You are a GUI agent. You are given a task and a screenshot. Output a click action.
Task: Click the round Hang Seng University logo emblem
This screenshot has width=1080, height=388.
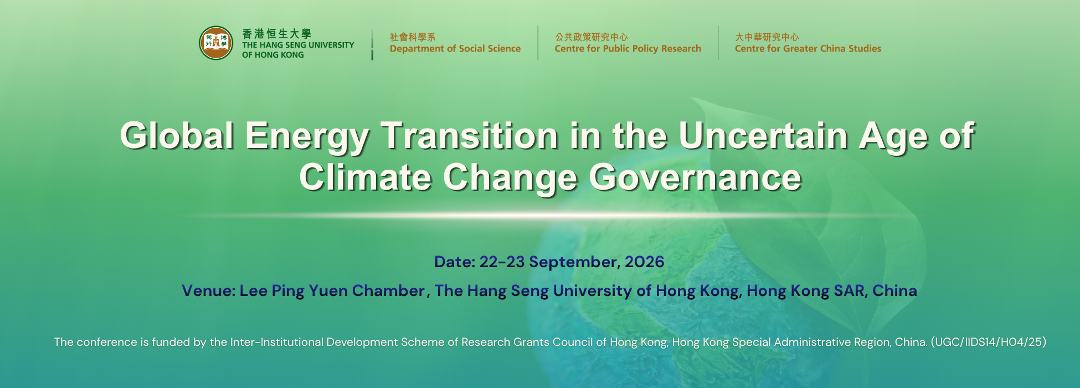[x=216, y=43]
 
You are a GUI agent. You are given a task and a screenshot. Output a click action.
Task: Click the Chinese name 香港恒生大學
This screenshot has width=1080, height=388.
[x=276, y=34]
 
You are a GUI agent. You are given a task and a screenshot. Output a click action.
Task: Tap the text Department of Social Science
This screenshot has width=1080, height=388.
[x=455, y=49]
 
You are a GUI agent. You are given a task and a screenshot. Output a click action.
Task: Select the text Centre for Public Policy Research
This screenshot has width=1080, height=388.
[x=628, y=49]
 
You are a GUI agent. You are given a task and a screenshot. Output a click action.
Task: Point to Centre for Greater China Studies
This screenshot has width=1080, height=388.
[x=808, y=49]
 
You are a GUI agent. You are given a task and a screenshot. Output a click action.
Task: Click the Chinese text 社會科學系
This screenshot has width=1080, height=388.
[x=413, y=37]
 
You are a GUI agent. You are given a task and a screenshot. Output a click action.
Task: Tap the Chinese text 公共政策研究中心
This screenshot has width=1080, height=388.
[x=592, y=37]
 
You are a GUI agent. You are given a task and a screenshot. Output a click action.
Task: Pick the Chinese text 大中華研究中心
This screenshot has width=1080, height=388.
[x=767, y=37]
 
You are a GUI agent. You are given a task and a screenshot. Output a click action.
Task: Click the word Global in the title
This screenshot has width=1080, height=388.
[x=177, y=136]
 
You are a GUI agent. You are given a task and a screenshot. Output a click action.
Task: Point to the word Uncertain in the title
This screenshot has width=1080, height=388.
[x=763, y=136]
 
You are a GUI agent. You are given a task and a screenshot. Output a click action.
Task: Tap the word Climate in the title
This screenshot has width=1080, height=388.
[x=366, y=178]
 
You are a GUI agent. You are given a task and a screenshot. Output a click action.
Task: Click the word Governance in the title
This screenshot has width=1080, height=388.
[x=695, y=178]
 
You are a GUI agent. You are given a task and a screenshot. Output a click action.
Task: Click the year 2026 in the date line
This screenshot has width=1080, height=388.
[x=645, y=262]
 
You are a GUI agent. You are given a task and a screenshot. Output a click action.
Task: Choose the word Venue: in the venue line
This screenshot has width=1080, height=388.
[x=209, y=291]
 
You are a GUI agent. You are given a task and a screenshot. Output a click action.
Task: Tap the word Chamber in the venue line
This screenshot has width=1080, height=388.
[x=388, y=291]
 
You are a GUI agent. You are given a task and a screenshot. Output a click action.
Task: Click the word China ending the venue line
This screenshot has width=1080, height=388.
[x=895, y=291]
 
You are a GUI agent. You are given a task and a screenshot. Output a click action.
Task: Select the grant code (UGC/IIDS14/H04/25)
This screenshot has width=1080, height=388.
[x=989, y=343]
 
